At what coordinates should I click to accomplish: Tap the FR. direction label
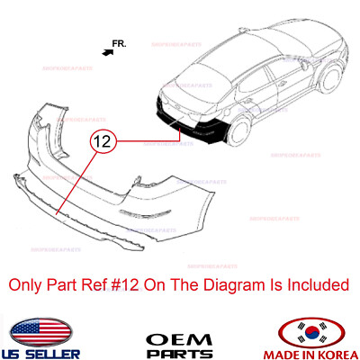(x=121, y=42)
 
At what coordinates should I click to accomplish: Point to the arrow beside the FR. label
(x=109, y=52)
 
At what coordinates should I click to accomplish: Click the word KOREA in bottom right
(x=334, y=350)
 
